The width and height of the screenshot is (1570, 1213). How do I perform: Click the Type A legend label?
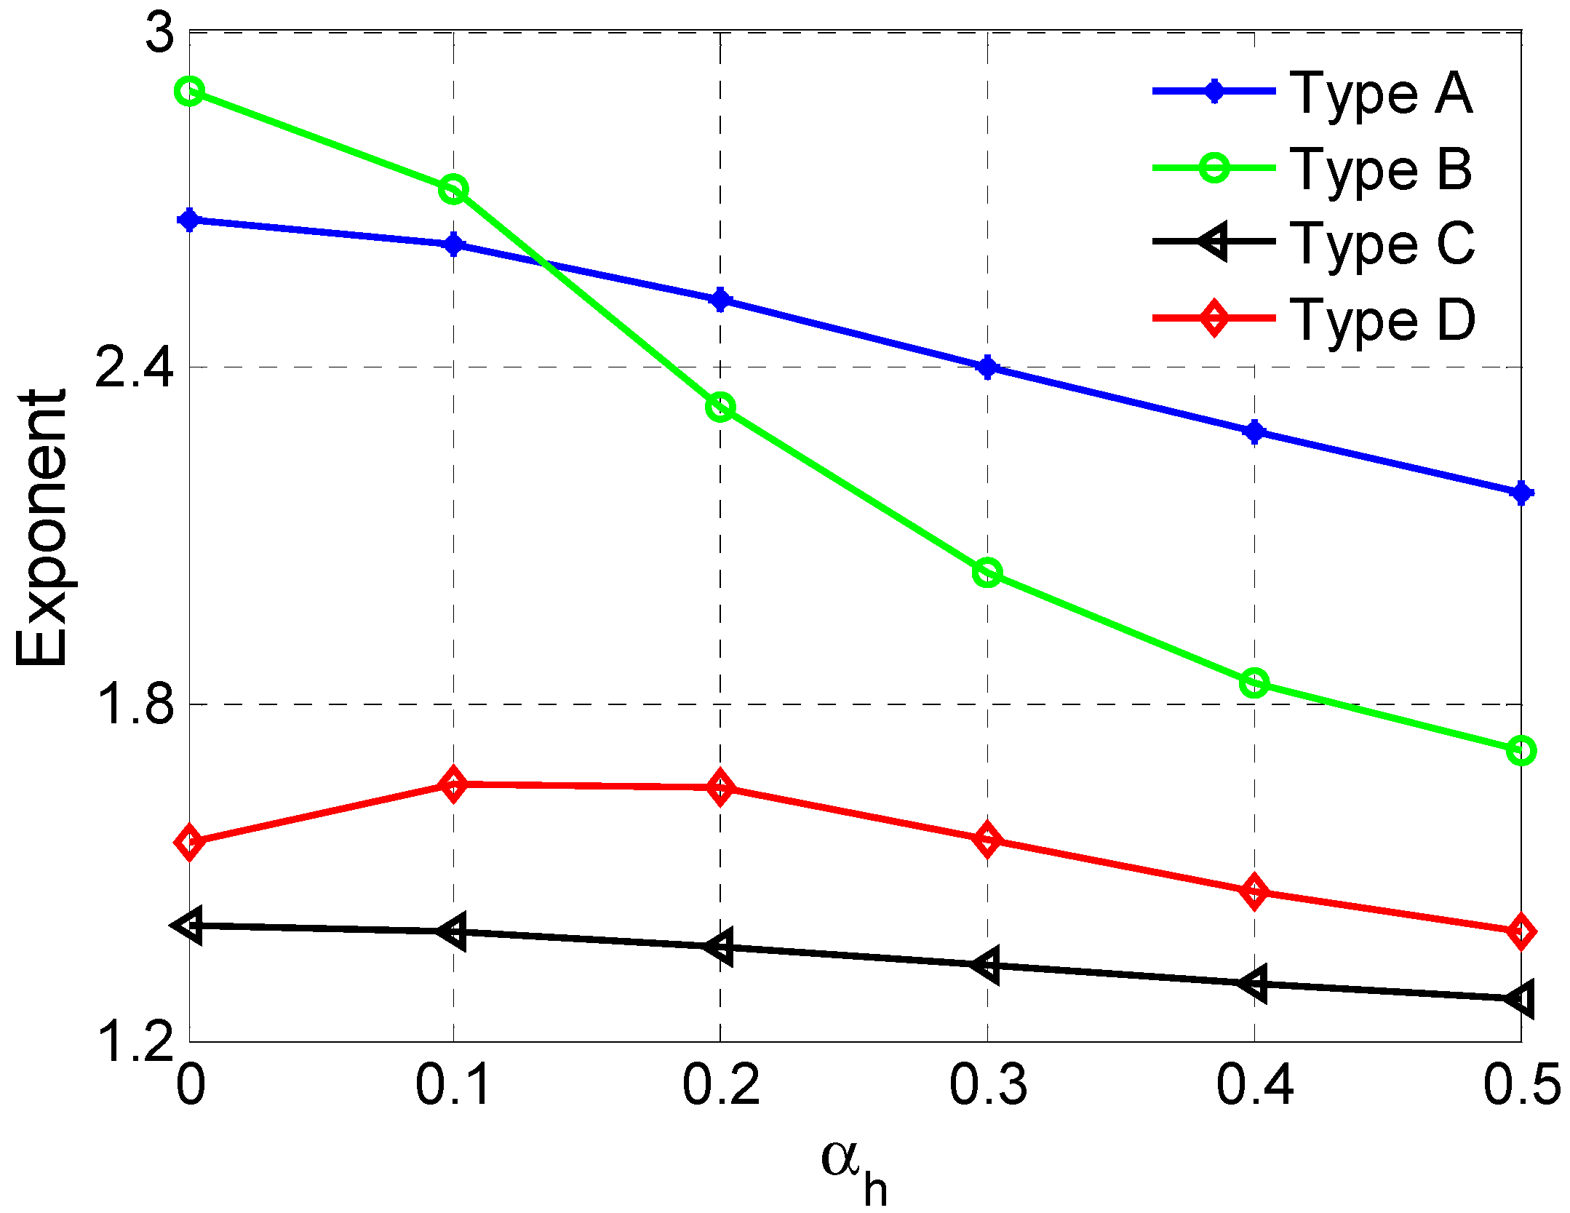coord(1380,95)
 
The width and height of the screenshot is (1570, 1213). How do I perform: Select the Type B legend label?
coord(1380,170)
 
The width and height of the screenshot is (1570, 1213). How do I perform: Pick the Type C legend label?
coord(1382,244)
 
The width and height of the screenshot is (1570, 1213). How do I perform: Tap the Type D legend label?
coord(1382,320)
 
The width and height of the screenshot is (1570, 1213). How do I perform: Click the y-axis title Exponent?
coord(42,528)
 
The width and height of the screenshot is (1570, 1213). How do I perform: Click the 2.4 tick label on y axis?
coord(135,368)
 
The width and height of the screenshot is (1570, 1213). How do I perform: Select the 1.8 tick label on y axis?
coord(135,704)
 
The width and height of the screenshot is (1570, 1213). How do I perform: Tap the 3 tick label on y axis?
coord(160,32)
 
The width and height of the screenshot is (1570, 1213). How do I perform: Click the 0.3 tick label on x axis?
coord(987,1085)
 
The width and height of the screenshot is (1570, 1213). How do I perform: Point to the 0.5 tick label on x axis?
coord(1521,1085)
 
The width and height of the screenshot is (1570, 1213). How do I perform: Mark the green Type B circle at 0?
coord(190,92)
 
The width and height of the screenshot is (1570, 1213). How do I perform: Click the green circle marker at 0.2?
coord(720,407)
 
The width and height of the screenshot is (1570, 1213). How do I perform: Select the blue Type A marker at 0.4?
coord(1254,431)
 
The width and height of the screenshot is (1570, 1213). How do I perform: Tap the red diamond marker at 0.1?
coord(453,784)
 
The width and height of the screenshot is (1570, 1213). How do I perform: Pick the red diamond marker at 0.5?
coord(1521,931)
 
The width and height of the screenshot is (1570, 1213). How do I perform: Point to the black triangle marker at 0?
coord(189,926)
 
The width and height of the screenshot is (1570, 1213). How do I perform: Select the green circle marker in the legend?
coord(1214,168)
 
